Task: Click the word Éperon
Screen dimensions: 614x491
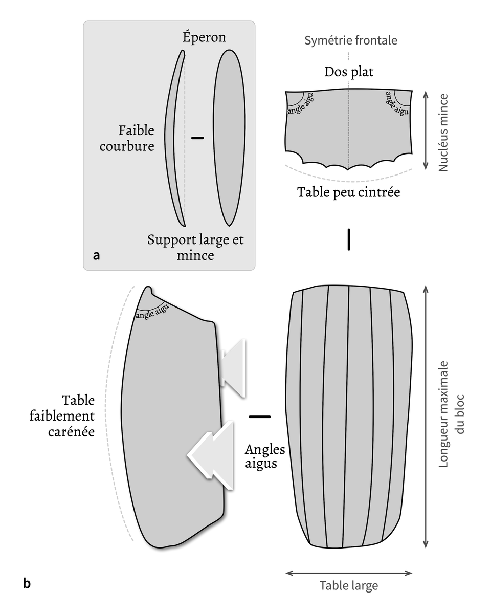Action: tap(204, 37)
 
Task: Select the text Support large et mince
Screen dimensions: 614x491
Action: tap(195, 247)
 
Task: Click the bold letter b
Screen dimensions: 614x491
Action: tap(27, 583)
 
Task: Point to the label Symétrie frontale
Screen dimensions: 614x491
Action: tap(350, 40)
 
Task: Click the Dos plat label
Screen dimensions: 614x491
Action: tap(349, 72)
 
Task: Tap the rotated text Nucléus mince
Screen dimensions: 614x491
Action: tap(443, 132)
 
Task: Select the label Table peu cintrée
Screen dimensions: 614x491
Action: tap(348, 193)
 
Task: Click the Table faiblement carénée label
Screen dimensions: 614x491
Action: tap(78, 415)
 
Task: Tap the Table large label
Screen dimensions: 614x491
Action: tap(349, 585)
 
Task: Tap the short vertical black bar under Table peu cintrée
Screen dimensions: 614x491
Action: tap(349, 239)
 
